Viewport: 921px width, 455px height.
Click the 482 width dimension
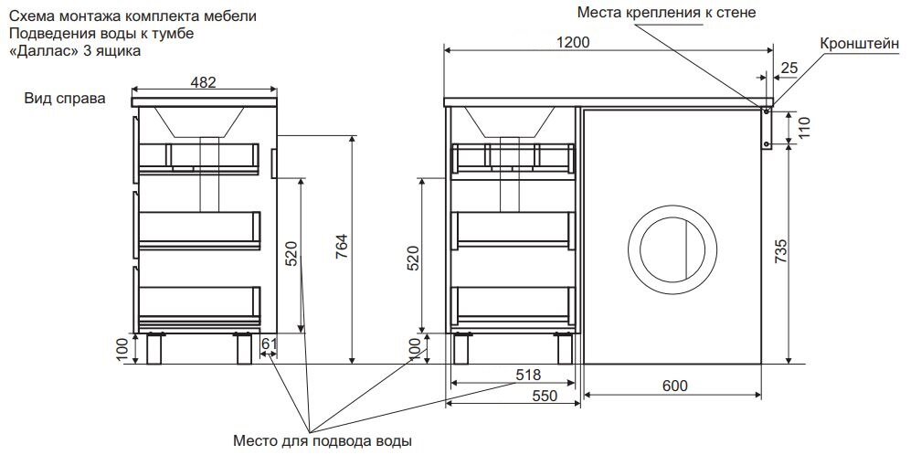coord(203,82)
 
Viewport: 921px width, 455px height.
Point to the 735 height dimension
coord(780,251)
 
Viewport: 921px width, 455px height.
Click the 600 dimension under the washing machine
coord(673,386)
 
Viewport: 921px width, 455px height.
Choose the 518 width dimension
coord(528,374)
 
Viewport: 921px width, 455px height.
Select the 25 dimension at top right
coord(789,67)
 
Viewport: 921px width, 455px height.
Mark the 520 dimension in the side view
coord(291,254)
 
